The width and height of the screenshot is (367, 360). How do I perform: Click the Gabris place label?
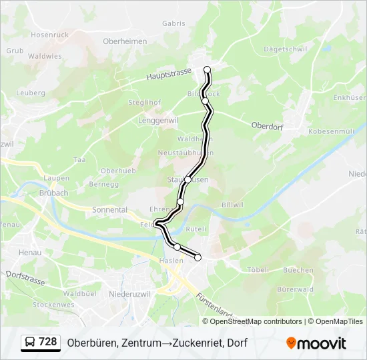click(173, 23)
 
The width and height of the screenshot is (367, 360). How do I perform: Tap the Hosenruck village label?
click(49, 34)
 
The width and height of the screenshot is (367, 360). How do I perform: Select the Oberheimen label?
click(125, 41)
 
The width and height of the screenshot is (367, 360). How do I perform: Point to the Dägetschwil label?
click(285, 49)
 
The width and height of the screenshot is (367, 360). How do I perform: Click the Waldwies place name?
click(45, 57)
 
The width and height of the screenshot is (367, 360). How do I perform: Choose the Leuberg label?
click(30, 93)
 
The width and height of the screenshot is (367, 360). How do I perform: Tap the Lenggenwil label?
click(158, 121)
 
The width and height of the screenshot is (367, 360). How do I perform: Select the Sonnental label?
click(109, 209)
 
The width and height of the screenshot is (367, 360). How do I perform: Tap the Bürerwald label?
click(295, 289)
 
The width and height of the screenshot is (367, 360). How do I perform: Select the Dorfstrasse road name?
click(25, 277)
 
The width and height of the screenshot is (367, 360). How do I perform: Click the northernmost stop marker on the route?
click(207, 69)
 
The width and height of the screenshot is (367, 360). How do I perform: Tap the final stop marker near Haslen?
click(198, 257)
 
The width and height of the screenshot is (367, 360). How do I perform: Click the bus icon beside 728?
click(30, 343)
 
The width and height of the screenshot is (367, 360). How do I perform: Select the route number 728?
click(48, 342)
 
